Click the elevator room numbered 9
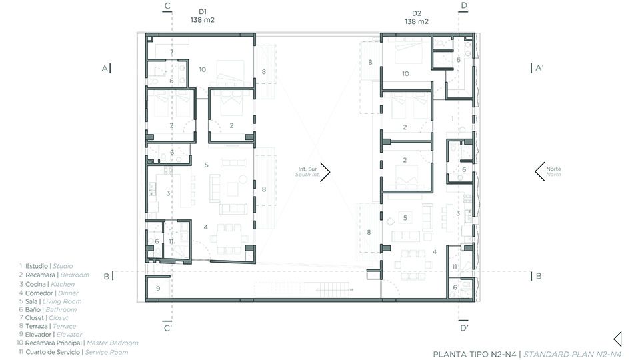click(x=158, y=288)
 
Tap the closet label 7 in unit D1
click(x=172, y=52)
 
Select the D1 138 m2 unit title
click(x=203, y=16)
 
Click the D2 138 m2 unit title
click(x=417, y=17)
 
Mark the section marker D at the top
click(x=464, y=7)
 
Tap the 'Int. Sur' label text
click(x=307, y=169)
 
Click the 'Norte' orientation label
click(x=553, y=169)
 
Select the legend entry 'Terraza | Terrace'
click(x=47, y=326)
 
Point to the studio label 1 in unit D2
click(x=452, y=119)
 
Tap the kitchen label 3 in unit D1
click(x=168, y=193)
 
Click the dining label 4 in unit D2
click(x=434, y=252)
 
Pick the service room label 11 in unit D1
click(x=171, y=241)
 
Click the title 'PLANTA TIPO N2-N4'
click(x=475, y=354)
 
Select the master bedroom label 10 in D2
click(x=405, y=73)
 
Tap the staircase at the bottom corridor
click(x=333, y=289)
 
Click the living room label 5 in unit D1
click(x=207, y=165)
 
